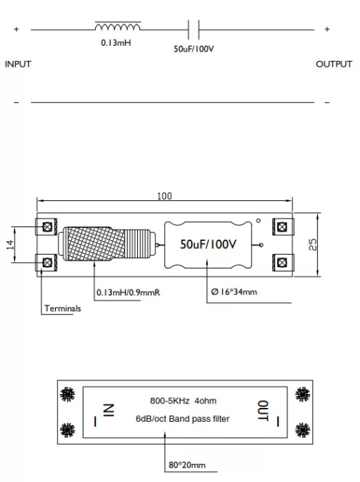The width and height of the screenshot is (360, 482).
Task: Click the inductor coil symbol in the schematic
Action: tap(118, 28)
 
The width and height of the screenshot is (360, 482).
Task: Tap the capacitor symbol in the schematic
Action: tap(194, 30)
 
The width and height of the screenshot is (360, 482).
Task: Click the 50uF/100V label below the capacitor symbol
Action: tap(194, 49)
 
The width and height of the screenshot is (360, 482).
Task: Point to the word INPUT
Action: tap(18, 65)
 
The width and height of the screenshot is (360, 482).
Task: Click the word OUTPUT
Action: tap(334, 65)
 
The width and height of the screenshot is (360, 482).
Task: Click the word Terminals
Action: tap(62, 309)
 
